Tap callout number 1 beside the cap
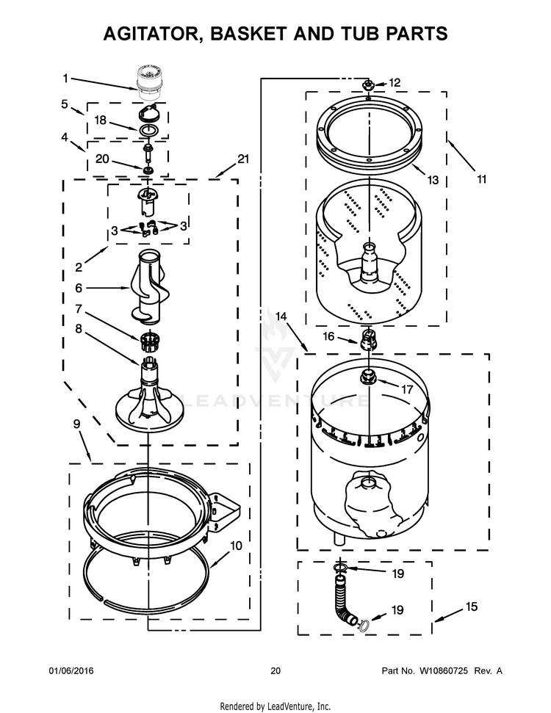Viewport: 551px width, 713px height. point(65,77)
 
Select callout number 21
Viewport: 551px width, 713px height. point(244,158)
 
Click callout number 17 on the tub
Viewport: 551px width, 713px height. point(406,389)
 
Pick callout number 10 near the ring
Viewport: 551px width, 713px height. point(236,546)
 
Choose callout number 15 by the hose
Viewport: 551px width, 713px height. point(471,607)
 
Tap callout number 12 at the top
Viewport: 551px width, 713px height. point(395,82)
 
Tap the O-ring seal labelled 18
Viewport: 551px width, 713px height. point(150,131)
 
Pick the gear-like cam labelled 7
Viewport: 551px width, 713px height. point(149,340)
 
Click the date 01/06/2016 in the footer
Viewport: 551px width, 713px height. point(71,670)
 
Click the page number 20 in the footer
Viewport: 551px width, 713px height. point(275,670)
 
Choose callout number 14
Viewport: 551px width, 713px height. point(280,316)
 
